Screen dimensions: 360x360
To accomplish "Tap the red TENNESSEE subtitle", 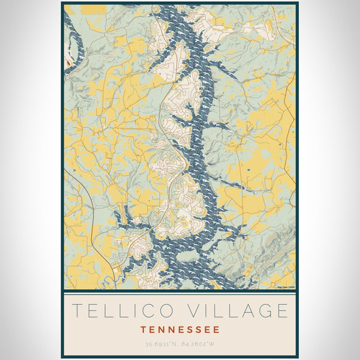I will (180, 329).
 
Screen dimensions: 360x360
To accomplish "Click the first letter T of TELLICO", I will (77, 311).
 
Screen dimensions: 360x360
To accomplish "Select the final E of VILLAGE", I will (282, 311).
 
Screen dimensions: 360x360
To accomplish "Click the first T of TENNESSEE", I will (143, 329).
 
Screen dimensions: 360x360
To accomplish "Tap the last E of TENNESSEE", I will (217, 329).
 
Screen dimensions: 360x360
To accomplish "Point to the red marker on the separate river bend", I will (69, 62).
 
